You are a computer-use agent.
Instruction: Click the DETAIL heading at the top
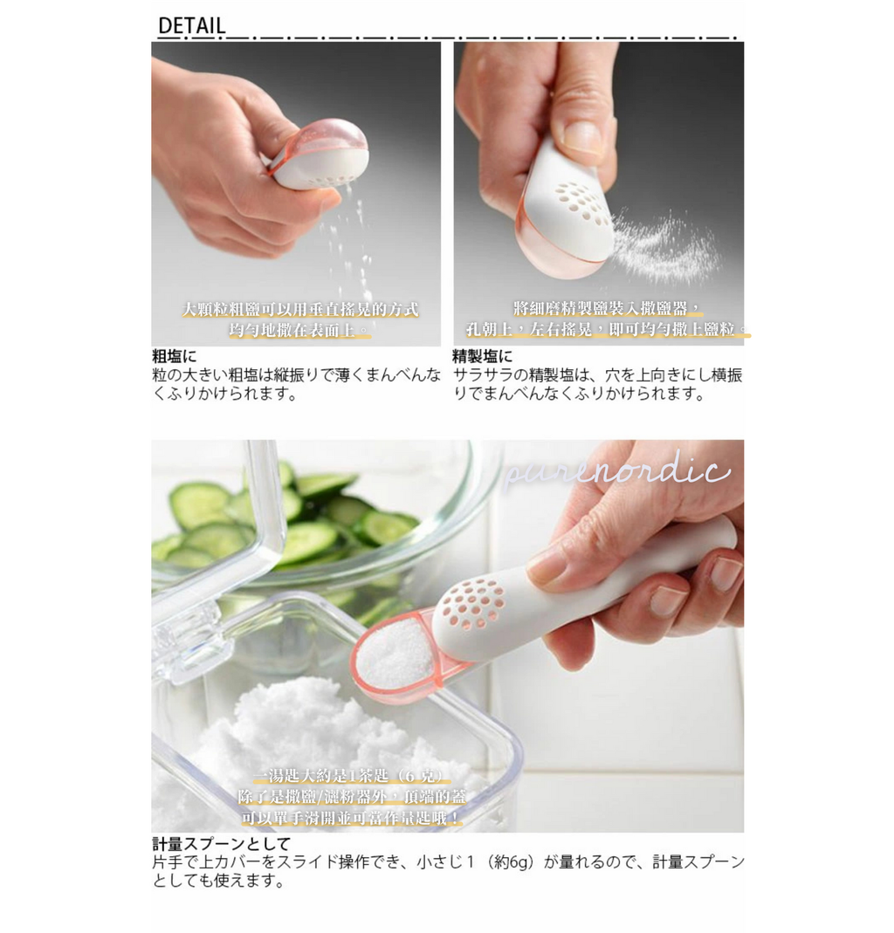pyautogui.click(x=191, y=26)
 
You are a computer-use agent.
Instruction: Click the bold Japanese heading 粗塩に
pyautogui.click(x=175, y=356)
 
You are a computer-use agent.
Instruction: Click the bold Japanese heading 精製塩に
pyautogui.click(x=482, y=356)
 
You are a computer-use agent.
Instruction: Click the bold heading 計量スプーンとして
pyautogui.click(x=220, y=844)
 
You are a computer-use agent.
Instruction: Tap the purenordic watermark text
pyautogui.click(x=617, y=472)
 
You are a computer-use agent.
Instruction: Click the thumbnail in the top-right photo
pyautogui.click(x=583, y=136)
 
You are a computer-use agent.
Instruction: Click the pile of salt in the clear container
pyautogui.click(x=297, y=724)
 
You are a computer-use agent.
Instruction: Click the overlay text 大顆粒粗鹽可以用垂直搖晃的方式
pyautogui.click(x=299, y=310)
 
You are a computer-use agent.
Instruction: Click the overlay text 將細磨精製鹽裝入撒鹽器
pyautogui.click(x=608, y=308)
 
